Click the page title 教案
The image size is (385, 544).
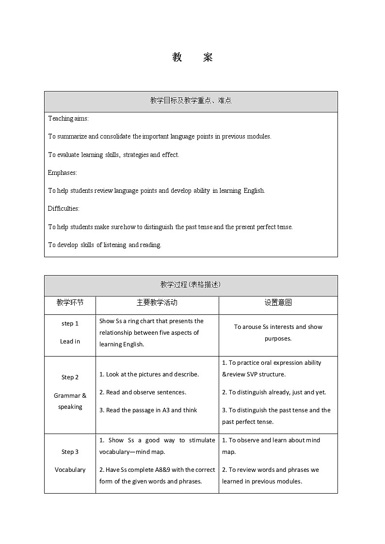pos(192,57)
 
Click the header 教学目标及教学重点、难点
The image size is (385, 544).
pos(191,101)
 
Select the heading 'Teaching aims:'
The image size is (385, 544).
pos(68,119)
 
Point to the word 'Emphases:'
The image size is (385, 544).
pos(63,172)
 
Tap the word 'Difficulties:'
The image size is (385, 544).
pos(64,209)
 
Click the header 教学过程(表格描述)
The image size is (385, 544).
pos(191,285)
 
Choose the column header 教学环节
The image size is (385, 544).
pos(70,303)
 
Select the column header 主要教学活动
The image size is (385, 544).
pos(157,303)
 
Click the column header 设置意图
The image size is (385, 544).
pos(278,303)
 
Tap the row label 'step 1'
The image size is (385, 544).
pos(70,324)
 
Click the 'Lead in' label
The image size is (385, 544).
pos(70,342)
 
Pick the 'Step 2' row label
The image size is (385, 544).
pos(70,377)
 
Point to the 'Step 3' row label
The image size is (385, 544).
pos(70,452)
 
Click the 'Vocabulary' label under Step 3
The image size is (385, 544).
pos(70,470)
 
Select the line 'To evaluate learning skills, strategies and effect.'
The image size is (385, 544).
pos(113,155)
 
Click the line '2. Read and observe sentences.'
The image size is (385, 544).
pos(143,392)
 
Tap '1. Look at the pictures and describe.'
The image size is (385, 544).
pos(149,374)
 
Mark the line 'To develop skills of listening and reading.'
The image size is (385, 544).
pos(105,245)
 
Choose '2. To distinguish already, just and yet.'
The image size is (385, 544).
pos(274,392)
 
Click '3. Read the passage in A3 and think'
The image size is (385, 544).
pos(148,410)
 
